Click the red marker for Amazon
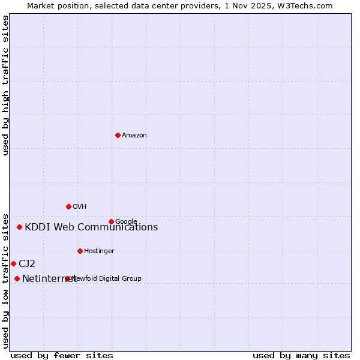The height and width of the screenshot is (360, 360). pyautogui.click(x=118, y=135)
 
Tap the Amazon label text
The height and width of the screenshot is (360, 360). pyautogui.click(x=134, y=136)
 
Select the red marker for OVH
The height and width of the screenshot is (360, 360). pyautogui.click(x=68, y=206)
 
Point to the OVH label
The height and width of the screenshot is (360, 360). pyautogui.click(x=80, y=207)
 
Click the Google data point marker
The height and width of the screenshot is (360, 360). pyautogui.click(x=111, y=221)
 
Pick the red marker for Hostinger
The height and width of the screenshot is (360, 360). pyautogui.click(x=80, y=251)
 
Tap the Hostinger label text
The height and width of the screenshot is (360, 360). pyautogui.click(x=99, y=251)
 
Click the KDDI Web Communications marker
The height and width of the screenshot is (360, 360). pyautogui.click(x=19, y=227)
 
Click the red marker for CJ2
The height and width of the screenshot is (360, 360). pyautogui.click(x=13, y=263)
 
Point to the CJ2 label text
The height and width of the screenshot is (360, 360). pyautogui.click(x=27, y=264)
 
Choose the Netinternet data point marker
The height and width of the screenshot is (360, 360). pyautogui.click(x=17, y=278)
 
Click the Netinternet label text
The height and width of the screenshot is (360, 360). pyautogui.click(x=48, y=279)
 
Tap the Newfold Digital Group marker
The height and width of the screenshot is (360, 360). pyautogui.click(x=67, y=278)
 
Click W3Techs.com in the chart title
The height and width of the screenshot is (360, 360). pyautogui.click(x=309, y=6)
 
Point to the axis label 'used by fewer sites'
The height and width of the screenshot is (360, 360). pyautogui.click(x=62, y=356)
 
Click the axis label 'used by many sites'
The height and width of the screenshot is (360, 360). pyautogui.click(x=301, y=356)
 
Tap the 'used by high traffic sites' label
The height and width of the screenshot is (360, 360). pyautogui.click(x=6, y=85)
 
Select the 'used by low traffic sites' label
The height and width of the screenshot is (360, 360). pyautogui.click(x=6, y=280)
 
